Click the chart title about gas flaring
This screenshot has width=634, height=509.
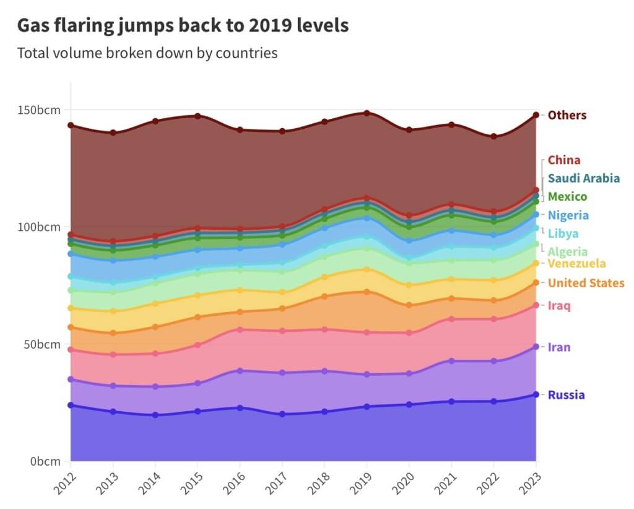[x=183, y=25]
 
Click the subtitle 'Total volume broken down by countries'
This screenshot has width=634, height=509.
[x=147, y=53]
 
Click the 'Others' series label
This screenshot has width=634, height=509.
[x=567, y=115]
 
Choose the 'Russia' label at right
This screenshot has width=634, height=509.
[x=566, y=395]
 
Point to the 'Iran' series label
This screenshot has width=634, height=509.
[x=559, y=347]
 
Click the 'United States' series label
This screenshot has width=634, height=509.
[x=586, y=283]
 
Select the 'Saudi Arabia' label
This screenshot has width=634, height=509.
[x=583, y=178]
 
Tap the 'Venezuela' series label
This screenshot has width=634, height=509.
[x=576, y=264]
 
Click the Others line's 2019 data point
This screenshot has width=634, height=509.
[x=367, y=113]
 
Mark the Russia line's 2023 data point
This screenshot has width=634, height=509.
[x=536, y=394]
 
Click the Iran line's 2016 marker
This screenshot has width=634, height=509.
[x=240, y=370]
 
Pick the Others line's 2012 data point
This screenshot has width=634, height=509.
[x=71, y=126]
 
